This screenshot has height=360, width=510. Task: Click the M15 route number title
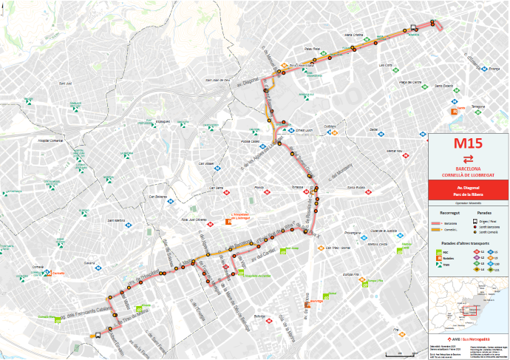[469, 143]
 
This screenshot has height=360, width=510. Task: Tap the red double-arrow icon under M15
[469, 158]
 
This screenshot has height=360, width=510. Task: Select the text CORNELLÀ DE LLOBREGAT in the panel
[469, 174]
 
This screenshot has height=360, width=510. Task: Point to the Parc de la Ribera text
[469, 196]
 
